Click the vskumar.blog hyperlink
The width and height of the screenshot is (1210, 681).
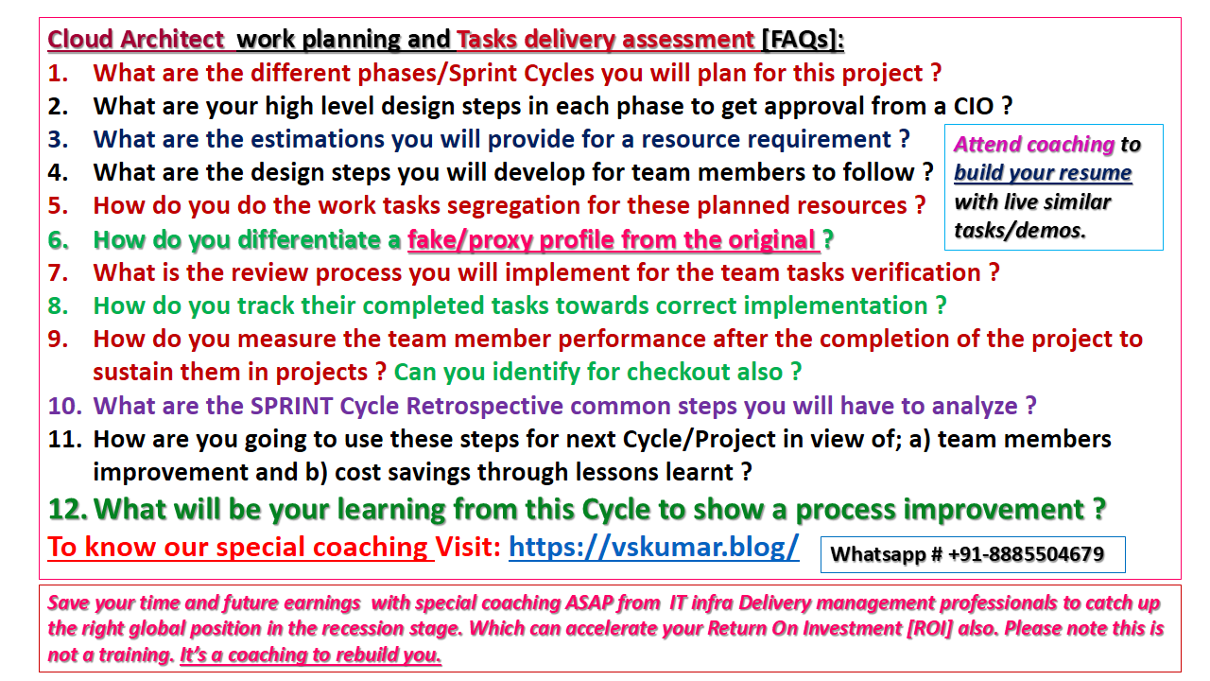pyautogui.click(x=653, y=547)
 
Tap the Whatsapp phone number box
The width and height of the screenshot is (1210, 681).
pyautogui.click(x=973, y=554)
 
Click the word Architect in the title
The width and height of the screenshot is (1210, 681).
pyautogui.click(x=172, y=40)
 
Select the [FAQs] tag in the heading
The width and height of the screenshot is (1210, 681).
pyautogui.click(x=803, y=40)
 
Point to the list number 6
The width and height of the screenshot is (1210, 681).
pyautogui.click(x=58, y=240)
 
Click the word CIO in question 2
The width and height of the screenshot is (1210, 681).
pyautogui.click(x=974, y=106)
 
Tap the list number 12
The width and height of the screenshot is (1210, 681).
pyautogui.click(x=67, y=509)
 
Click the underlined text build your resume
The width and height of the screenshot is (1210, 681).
pyautogui.click(x=1043, y=173)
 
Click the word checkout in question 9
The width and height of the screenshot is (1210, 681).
pyautogui.click(x=704, y=372)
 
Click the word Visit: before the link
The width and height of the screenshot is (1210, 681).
pyautogui.click(x=468, y=547)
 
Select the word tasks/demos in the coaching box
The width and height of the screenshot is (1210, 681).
pyautogui.click(x=1019, y=231)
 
